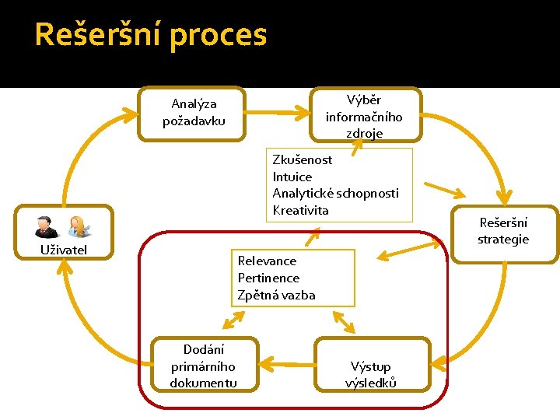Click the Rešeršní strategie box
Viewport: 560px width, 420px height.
tap(503, 232)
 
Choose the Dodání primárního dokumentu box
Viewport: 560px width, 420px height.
tap(203, 366)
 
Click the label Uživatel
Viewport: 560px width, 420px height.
tap(63, 250)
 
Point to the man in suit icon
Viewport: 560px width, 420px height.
tap(45, 227)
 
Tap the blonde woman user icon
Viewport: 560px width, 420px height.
tap(78, 227)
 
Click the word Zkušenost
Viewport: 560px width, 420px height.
tap(303, 160)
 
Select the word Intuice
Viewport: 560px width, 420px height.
tap(292, 177)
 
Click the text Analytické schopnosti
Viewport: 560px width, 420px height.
tap(335, 194)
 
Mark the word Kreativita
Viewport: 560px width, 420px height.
tap(301, 211)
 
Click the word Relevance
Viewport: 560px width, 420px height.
tap(267, 261)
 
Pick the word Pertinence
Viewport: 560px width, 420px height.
tap(268, 278)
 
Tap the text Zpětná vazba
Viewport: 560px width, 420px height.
tap(276, 296)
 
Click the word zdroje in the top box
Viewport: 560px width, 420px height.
tap(365, 134)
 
